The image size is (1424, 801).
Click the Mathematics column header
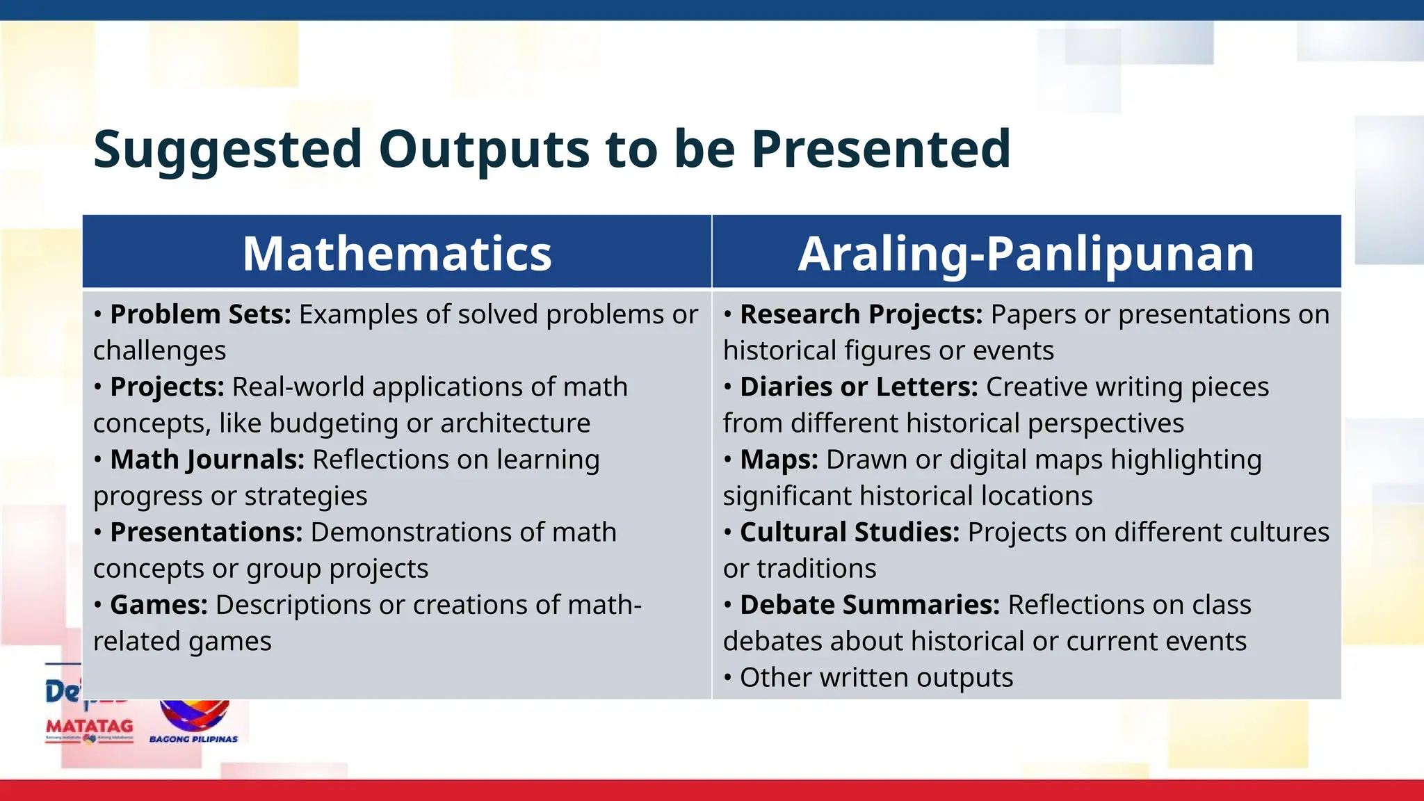tap(396, 254)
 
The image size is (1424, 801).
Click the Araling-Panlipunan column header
tap(1026, 254)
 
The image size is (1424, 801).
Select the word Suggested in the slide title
tap(227, 149)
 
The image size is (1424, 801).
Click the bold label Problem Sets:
tap(200, 315)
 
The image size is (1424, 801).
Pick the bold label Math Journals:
tap(207, 460)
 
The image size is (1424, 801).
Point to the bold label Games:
tap(159, 605)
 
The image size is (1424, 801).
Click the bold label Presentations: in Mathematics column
tap(206, 533)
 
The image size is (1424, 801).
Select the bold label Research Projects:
tap(861, 315)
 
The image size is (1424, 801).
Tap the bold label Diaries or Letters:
tap(859, 387)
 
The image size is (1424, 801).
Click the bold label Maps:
tap(779, 460)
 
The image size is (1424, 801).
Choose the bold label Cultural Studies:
tap(850, 533)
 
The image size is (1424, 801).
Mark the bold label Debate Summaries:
tap(869, 605)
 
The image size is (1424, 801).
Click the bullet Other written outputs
tap(876, 678)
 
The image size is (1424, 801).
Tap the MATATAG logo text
tap(89, 726)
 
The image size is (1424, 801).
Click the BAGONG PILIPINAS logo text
tap(193, 739)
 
